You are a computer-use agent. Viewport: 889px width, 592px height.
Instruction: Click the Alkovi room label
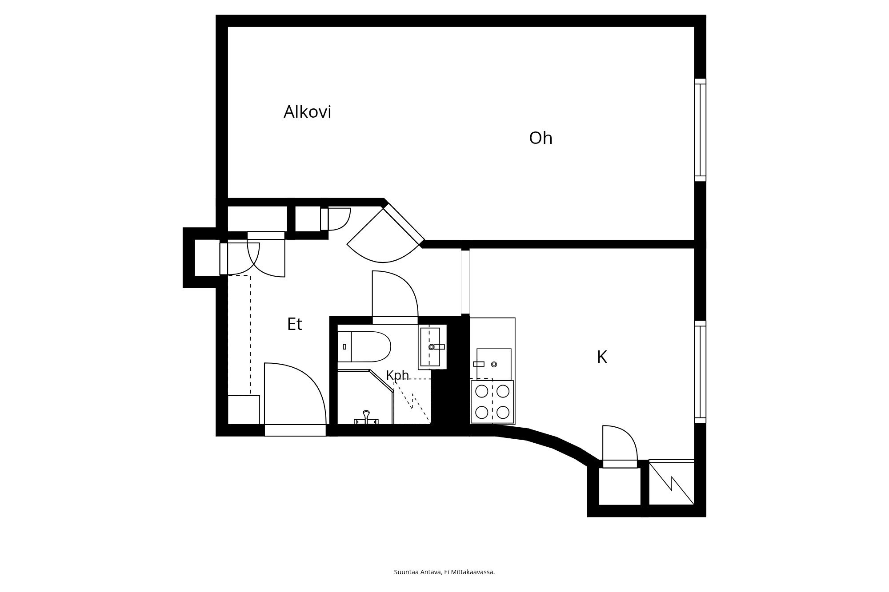[x=308, y=112]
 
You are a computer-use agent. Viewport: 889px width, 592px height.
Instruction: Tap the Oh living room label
[x=541, y=138]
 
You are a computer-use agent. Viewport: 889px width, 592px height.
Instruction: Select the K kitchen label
[x=602, y=357]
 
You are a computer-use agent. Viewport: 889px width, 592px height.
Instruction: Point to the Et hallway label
[x=295, y=324]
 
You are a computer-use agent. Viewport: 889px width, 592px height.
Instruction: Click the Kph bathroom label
[x=397, y=376]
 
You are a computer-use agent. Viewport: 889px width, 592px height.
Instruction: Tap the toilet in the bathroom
[x=364, y=346]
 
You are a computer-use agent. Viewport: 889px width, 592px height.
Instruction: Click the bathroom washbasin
[x=430, y=347]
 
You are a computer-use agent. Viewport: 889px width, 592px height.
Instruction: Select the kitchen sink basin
[x=494, y=364]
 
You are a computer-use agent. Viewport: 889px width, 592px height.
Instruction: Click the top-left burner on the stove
[x=482, y=391]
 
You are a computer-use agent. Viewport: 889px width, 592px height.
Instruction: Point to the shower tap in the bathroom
[x=366, y=418]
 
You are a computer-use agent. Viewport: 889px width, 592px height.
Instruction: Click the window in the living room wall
[x=700, y=130]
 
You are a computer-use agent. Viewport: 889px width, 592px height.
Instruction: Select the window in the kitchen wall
[x=700, y=372]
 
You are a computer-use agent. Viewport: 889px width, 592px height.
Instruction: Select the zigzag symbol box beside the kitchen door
[x=671, y=482]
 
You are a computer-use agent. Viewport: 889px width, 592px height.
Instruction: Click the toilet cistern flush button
[x=344, y=346]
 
